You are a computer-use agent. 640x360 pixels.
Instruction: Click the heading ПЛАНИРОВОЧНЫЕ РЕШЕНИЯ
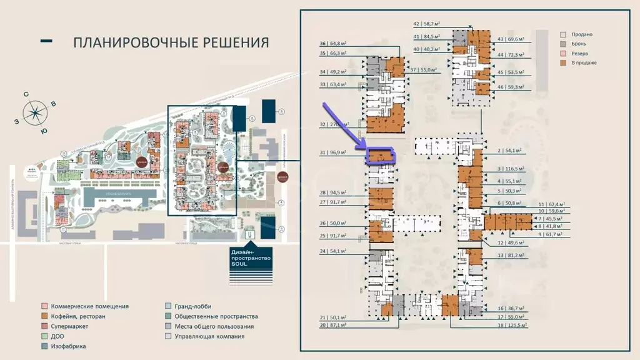pyautogui.click(x=171, y=42)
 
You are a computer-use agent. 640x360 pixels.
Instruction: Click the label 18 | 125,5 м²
pyautogui.click(x=510, y=325)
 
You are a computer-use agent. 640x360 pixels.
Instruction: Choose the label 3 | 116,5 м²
pyautogui.click(x=507, y=169)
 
